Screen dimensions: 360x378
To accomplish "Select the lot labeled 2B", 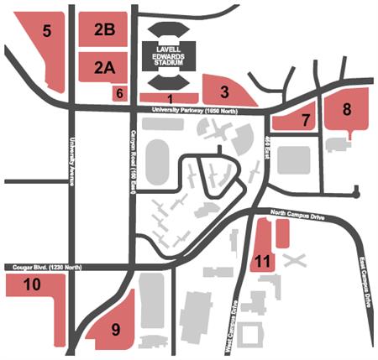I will click(x=104, y=29).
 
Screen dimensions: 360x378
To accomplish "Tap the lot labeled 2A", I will click(x=104, y=68).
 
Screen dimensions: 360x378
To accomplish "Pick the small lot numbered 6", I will click(x=119, y=93).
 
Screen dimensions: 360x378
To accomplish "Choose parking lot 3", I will click(x=225, y=90).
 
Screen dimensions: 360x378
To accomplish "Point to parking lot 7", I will click(x=305, y=119).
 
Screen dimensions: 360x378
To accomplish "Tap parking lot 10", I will click(x=32, y=285).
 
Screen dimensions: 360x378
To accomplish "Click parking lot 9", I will click(x=116, y=330).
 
